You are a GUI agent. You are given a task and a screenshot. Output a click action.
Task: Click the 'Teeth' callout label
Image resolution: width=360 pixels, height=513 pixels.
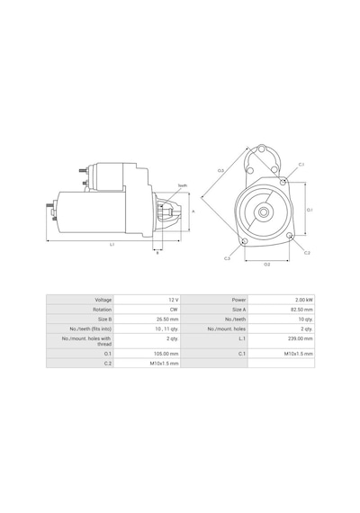183,185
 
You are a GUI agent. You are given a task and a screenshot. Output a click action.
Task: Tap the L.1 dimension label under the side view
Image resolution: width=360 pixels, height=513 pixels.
112,244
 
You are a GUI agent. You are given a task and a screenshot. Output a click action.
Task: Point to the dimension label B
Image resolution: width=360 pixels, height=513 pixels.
157,253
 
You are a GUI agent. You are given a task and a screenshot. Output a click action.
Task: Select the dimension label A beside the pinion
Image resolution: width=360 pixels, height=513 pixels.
193,211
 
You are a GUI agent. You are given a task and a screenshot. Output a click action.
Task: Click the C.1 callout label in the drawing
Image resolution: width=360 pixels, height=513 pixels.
301,165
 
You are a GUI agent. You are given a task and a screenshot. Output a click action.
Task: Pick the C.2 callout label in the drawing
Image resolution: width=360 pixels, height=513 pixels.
307,253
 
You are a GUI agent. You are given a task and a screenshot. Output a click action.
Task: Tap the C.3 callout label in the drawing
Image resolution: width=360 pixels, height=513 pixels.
227,258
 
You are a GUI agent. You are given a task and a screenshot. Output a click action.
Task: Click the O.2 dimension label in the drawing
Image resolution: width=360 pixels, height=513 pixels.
266,265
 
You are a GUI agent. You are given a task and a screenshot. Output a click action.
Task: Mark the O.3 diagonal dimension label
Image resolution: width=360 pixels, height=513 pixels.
220,170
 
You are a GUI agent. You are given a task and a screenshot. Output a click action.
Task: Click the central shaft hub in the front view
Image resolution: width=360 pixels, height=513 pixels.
264,212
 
